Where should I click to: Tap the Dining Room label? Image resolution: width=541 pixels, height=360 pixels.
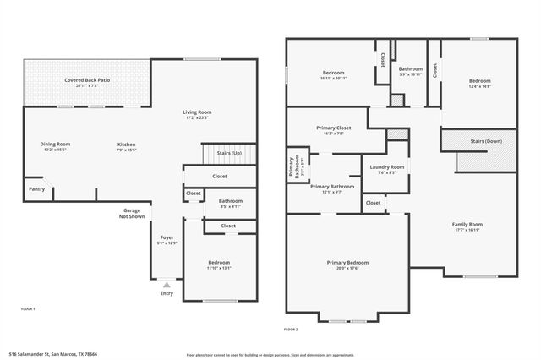coord(55,145)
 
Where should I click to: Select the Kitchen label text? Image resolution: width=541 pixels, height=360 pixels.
coord(126,145)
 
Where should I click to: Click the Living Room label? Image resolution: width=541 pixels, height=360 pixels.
coord(197,112)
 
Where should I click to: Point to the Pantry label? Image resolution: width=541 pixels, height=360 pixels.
coord(36,188)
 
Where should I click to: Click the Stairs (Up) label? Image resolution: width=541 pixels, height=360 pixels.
coord(229,153)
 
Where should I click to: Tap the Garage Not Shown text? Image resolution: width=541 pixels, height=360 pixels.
coord(132,213)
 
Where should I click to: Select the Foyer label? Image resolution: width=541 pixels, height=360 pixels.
coord(167,237)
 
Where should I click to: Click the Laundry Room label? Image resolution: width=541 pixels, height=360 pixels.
coord(387,166)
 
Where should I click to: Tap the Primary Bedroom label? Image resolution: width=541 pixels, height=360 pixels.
coord(347,263)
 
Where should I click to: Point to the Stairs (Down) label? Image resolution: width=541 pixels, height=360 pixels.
coord(486,141)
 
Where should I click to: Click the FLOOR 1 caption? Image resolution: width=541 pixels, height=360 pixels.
coord(28,309)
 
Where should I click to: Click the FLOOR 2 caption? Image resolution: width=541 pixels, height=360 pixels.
coord(290,328)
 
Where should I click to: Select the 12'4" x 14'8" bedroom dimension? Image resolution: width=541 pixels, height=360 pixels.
coord(480,86)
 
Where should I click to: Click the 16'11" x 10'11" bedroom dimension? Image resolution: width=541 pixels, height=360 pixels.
coord(334,78)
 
